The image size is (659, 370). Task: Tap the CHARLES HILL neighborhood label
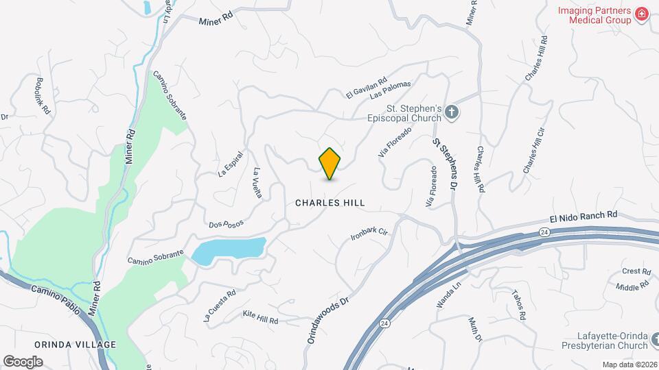point(329,203)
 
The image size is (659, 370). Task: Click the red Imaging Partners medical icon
point(642,14)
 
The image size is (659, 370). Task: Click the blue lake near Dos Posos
point(229,251)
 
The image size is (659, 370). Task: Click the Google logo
point(23,361)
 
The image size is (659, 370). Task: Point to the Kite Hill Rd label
point(260,317)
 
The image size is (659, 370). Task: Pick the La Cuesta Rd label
point(219,305)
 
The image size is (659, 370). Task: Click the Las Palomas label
point(390,89)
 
